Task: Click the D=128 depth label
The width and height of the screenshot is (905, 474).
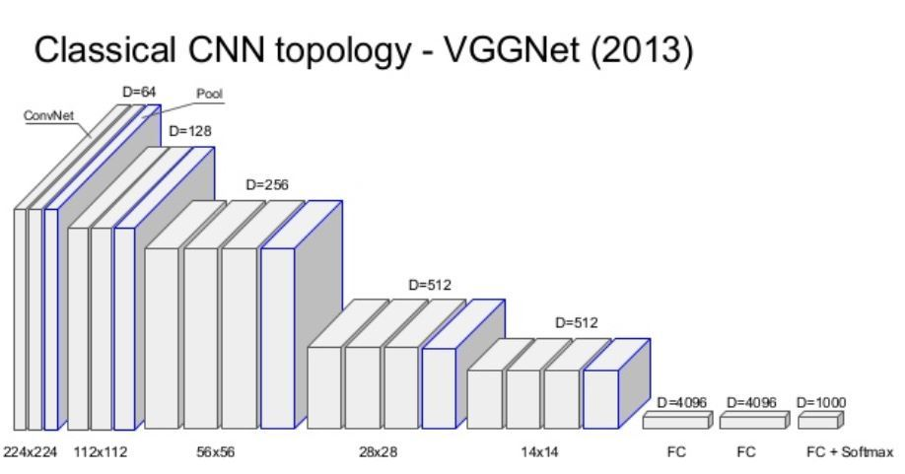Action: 189,129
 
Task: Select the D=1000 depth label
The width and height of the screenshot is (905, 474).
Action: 821,402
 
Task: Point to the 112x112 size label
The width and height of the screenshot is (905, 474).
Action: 101,452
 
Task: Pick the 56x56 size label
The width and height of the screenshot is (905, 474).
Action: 217,452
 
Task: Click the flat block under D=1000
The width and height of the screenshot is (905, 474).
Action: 817,422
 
